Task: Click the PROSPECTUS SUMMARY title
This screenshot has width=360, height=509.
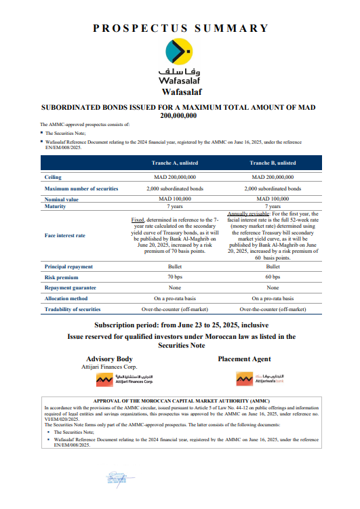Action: pos(180,28)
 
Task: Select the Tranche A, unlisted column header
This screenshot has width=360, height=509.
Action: pos(176,163)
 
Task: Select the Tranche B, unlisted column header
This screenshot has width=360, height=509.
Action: pos(272,163)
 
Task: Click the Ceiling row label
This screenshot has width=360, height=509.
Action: pos(54,176)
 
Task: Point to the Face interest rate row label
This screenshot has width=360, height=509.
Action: pos(65,235)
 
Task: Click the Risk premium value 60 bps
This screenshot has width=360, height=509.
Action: pos(272,277)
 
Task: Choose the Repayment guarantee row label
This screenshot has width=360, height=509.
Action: pos(69,287)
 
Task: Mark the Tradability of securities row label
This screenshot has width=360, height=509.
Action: pos(73,308)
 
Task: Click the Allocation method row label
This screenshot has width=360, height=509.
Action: pos(65,298)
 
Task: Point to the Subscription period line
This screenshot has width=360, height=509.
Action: pos(180,325)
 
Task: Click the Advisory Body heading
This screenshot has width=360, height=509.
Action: pos(109,359)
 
